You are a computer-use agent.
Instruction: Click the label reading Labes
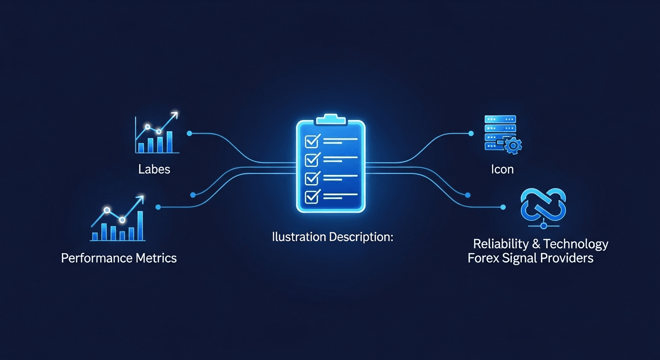coord(154,169)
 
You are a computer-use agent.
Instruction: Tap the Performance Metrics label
coord(119,257)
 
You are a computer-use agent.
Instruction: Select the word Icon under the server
coord(502,169)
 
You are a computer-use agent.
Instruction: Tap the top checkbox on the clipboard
coord(312,140)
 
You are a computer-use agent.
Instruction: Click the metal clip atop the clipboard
coord(330,119)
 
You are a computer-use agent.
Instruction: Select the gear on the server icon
coord(514,146)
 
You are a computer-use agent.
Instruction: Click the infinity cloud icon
coord(543,205)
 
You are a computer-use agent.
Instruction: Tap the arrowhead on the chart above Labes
coord(175,114)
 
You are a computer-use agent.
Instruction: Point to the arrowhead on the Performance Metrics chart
coord(140,200)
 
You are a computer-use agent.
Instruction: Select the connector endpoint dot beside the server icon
coord(471,134)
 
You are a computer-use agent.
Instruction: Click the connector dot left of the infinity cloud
coord(504,207)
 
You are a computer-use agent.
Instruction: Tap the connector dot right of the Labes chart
coord(189,134)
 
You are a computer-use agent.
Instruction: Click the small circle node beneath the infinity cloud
coord(544,226)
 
